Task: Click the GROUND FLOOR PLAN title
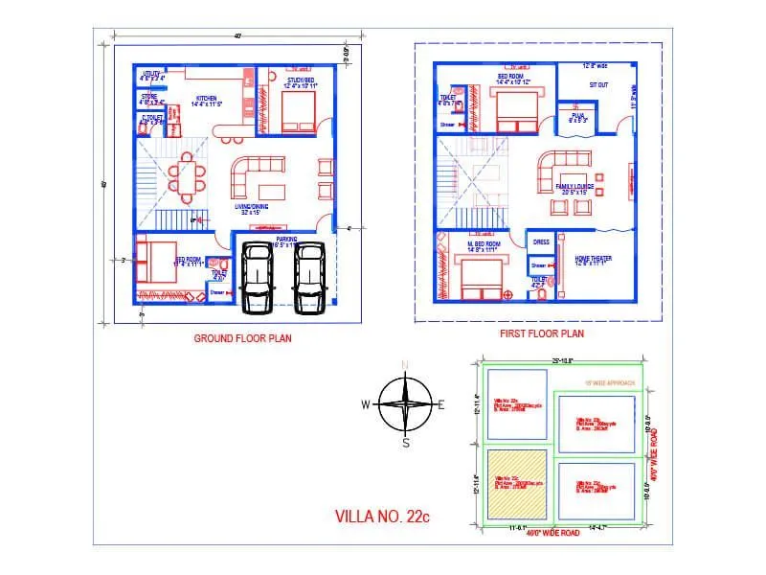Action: [x=242, y=337]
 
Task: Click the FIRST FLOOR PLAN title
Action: [x=541, y=333]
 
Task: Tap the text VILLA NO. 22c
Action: [x=382, y=516]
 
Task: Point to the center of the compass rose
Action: [x=405, y=403]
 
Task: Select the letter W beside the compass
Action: [x=365, y=404]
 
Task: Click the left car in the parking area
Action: [x=258, y=277]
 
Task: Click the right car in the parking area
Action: [x=309, y=277]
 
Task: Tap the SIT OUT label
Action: [x=597, y=84]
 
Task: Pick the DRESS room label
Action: [x=541, y=242]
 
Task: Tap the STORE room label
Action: [x=149, y=96]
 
